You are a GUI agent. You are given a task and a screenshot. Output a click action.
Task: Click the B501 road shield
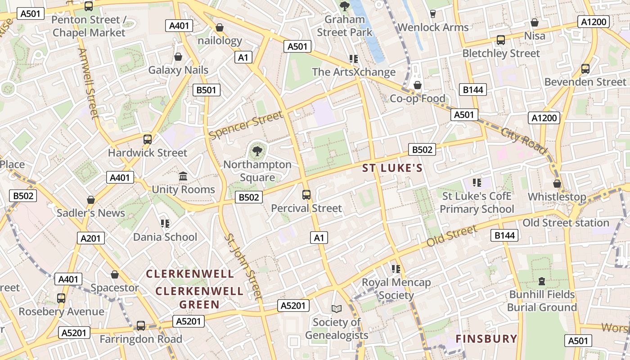(x=207, y=90)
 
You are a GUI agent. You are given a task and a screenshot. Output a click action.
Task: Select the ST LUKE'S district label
(x=393, y=168)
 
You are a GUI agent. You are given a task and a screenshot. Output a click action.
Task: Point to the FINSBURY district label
(x=486, y=339)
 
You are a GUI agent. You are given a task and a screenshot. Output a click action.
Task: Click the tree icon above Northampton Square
(x=257, y=151)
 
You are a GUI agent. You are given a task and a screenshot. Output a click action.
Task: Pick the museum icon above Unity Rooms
(x=183, y=176)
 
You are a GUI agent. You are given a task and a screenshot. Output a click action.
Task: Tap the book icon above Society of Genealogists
(x=337, y=309)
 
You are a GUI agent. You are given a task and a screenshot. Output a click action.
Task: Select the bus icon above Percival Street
(x=306, y=195)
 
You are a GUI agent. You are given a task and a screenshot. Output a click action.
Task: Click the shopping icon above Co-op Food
(x=418, y=85)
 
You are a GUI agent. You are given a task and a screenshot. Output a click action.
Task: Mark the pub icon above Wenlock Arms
(x=432, y=13)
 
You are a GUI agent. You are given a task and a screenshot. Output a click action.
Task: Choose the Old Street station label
(x=566, y=223)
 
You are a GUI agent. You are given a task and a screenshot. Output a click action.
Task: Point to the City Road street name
(x=524, y=140)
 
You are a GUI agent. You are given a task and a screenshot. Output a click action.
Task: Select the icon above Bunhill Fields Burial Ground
(x=542, y=281)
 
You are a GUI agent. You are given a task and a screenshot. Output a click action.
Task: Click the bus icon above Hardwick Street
(x=148, y=139)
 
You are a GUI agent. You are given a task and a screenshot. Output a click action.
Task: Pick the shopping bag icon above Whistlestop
(x=557, y=184)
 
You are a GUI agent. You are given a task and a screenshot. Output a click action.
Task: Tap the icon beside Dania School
(x=165, y=224)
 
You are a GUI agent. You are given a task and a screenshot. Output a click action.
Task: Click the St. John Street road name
(x=243, y=266)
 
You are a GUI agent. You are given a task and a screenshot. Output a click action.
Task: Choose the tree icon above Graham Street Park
(x=345, y=6)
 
